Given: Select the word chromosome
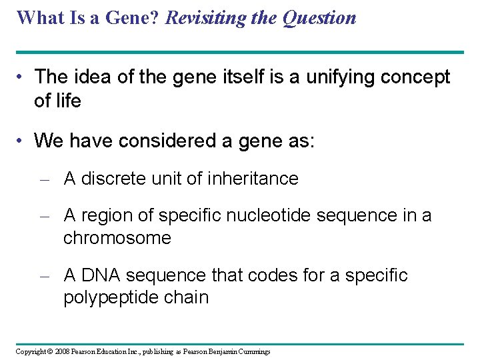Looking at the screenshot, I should click(117, 238).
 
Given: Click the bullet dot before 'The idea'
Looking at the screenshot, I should click(23, 77).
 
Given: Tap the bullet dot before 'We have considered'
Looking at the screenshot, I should click(23, 141).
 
